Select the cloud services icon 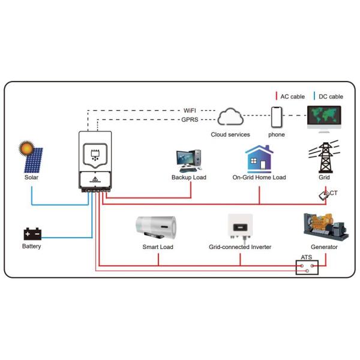pos(230,116)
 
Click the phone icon pos(276,116)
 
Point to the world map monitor pos(324,116)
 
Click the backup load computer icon pos(190,158)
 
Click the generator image pos(325,226)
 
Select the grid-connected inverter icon pos(240,227)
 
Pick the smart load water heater pos(157,228)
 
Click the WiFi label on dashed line pos(190,111)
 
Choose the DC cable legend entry pos(328,96)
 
